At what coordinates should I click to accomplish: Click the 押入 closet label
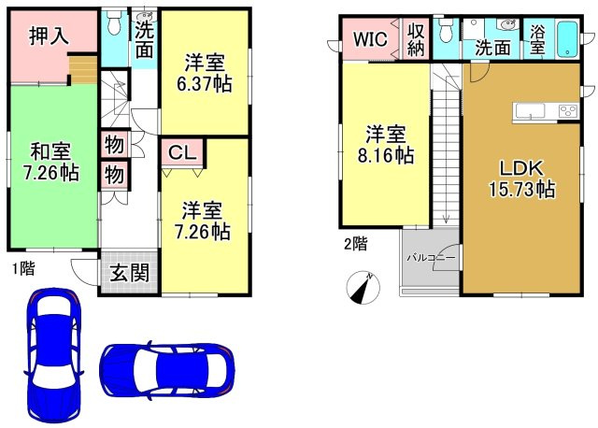(50, 36)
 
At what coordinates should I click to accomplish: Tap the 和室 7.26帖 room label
(51, 162)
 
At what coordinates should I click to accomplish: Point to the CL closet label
(182, 153)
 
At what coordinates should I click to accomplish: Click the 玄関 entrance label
(130, 272)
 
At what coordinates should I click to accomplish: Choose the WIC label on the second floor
(370, 39)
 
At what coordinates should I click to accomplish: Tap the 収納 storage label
(416, 39)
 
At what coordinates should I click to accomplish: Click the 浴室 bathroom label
(537, 40)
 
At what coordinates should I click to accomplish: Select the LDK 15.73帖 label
(521, 178)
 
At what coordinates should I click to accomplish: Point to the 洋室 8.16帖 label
(386, 145)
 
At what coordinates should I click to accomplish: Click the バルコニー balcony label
(431, 258)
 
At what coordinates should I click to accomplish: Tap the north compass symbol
(363, 288)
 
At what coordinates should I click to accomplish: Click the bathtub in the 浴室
(568, 39)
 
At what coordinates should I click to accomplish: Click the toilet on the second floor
(445, 29)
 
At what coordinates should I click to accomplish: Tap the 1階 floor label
(23, 269)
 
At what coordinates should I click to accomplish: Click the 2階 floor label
(356, 244)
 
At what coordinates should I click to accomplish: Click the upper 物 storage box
(114, 145)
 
